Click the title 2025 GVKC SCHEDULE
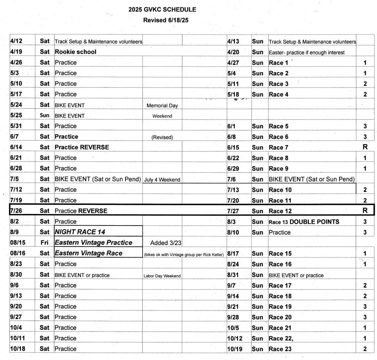[162, 10]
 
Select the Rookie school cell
[75, 52]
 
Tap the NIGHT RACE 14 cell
[78, 232]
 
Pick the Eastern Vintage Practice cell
[93, 242]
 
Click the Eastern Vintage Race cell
[88, 253]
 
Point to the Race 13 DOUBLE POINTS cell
[304, 222]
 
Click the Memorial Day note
[162, 105]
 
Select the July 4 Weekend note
[162, 179]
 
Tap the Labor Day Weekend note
[162, 276]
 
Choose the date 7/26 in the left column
[17, 211]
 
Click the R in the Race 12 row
[365, 211]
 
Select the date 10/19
[236, 349]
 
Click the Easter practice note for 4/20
[307, 52]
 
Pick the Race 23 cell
[281, 349]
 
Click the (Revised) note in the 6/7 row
[162, 137]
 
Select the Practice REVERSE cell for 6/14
[82, 147]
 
